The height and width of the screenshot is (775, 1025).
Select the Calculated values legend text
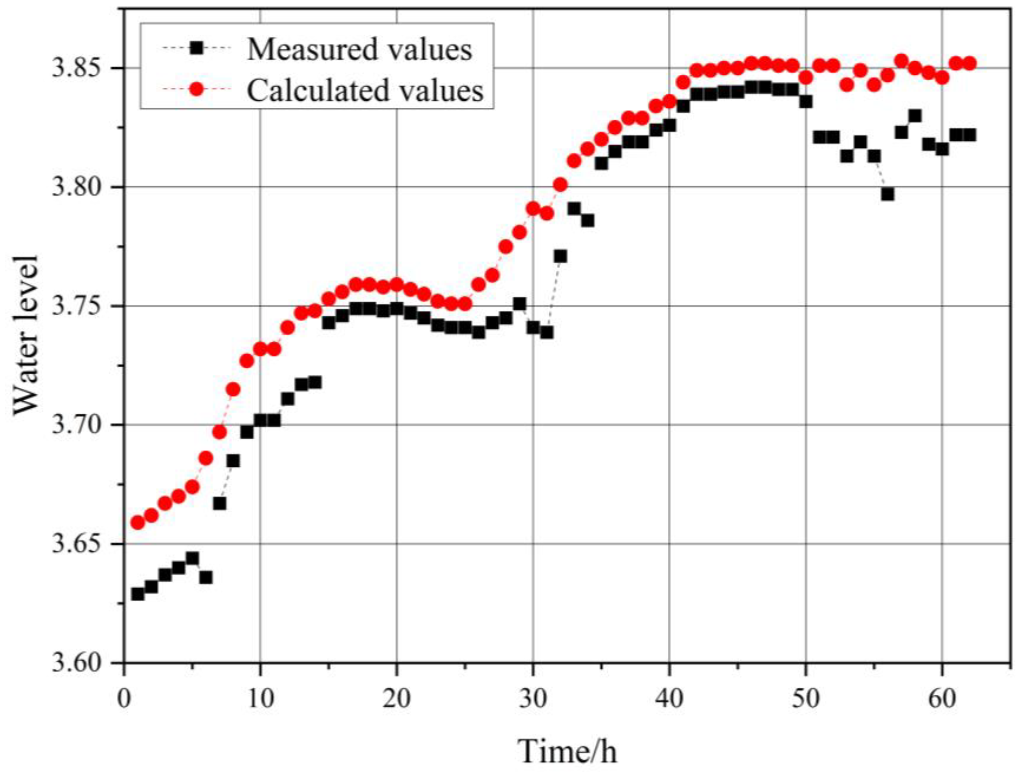point(365,90)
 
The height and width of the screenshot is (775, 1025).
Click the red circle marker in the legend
point(197,90)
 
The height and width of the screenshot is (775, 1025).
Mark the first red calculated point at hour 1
point(138,523)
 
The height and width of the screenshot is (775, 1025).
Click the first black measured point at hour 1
point(138,594)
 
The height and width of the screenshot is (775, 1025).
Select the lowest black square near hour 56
point(887,194)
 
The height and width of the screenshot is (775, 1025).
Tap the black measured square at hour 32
point(560,256)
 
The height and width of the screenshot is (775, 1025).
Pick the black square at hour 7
point(220,504)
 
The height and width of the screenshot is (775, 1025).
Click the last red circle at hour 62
point(970,63)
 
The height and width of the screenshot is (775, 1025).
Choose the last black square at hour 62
point(970,135)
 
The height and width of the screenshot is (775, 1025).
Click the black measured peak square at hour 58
point(915,116)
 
